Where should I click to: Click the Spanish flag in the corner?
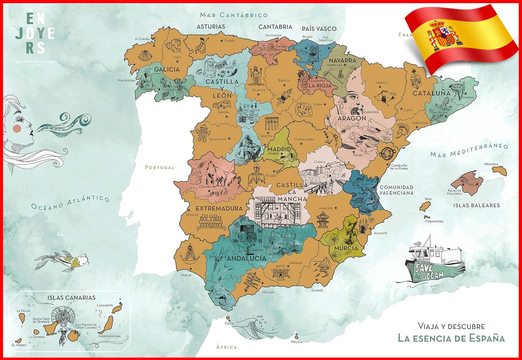click(x=459, y=38)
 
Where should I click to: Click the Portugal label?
click(x=160, y=167)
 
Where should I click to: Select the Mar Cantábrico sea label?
click(x=234, y=15)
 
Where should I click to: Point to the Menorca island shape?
click(x=499, y=170)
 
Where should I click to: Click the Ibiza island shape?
click(x=425, y=207)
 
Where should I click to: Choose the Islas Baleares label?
click(x=476, y=206)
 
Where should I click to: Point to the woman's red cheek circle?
click(x=17, y=128)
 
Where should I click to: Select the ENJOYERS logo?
click(x=35, y=34)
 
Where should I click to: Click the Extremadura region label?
click(x=219, y=209)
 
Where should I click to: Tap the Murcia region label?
click(x=346, y=248)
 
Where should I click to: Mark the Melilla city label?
click(x=296, y=342)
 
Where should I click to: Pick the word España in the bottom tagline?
click(x=487, y=338)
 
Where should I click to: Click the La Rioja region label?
click(x=320, y=86)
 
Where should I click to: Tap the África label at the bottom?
click(x=227, y=347)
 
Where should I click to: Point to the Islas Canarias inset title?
click(x=71, y=298)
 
